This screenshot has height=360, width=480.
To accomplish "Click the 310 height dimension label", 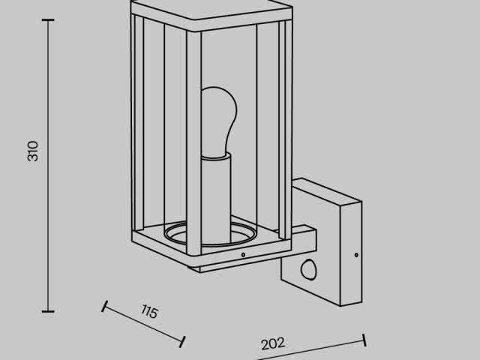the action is point(33,151).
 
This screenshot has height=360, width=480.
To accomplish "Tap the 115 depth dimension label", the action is point(150,312).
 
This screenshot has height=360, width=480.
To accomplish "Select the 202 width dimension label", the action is point(273,343).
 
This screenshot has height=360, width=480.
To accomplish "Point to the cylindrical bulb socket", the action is point(216,199).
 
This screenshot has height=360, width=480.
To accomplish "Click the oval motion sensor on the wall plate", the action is point(308,269).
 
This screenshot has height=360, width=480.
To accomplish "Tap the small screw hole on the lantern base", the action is point(243,255).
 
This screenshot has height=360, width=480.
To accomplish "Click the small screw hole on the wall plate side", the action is point(356,255).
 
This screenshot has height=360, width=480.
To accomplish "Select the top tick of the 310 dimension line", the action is point(48,20).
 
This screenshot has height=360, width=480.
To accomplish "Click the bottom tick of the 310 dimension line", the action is point(48,311).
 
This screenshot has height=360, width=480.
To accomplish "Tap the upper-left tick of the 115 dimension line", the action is point(104,306).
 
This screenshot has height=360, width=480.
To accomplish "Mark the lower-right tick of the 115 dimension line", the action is point(182,342).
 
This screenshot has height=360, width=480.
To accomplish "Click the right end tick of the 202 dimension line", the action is point(364,340).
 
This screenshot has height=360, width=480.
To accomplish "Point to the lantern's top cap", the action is point(211,13).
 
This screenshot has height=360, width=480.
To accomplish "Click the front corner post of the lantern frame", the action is point(193,143).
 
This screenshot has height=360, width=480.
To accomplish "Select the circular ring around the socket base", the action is point(210,234).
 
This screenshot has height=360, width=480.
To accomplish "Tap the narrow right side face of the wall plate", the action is point(351,253).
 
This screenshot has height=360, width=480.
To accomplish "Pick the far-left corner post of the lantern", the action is point(137,122).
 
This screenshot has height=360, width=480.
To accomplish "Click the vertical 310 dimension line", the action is point(48,166).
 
